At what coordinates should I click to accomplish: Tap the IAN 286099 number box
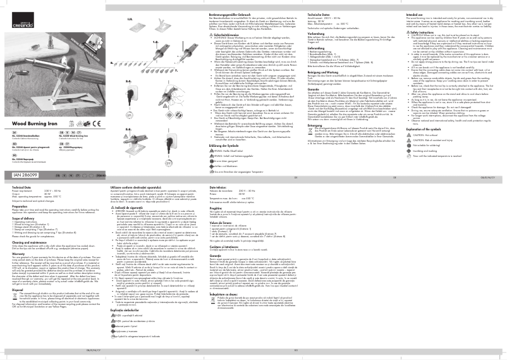[x=25, y=155]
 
